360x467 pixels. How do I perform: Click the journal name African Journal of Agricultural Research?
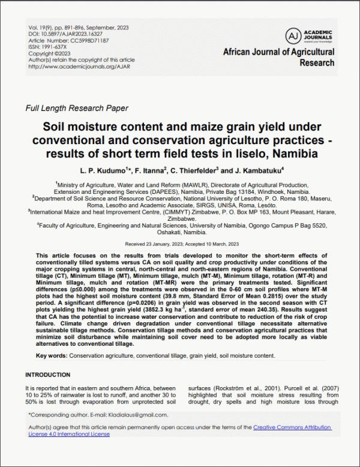click(278, 58)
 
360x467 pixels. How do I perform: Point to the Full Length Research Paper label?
click(77, 109)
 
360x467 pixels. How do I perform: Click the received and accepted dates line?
click(179, 244)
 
